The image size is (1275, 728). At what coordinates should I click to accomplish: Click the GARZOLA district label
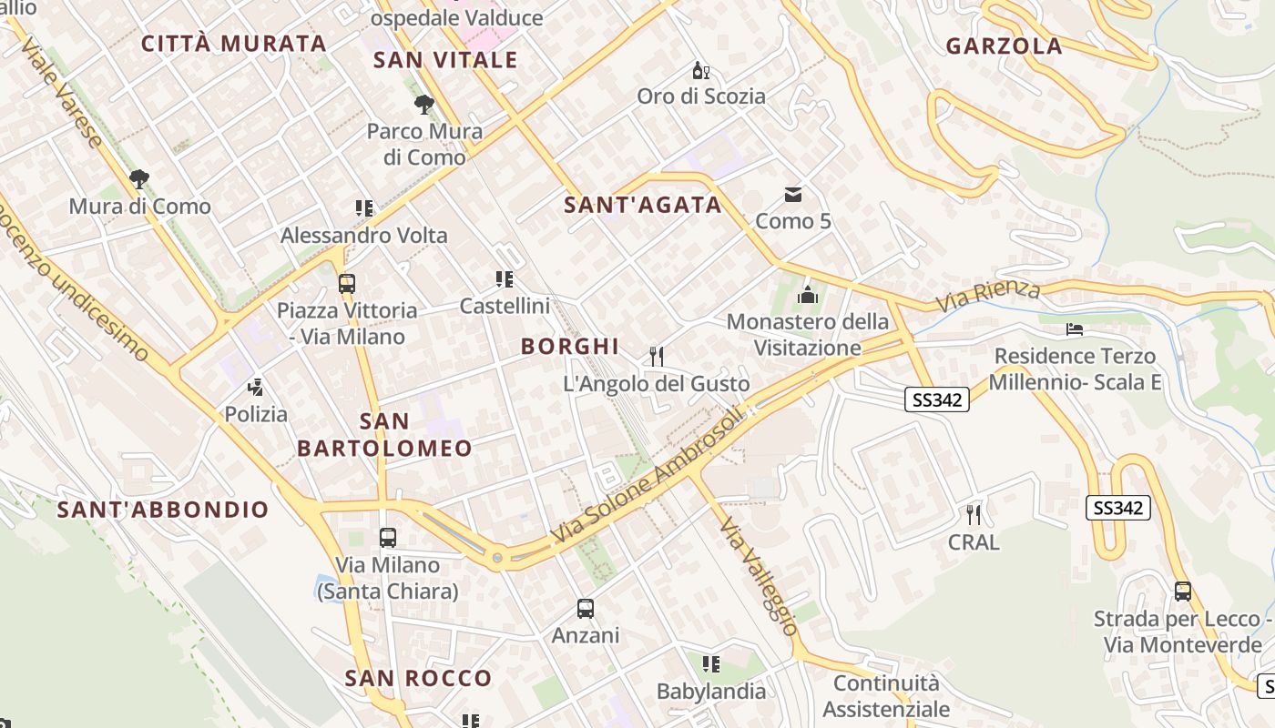[1004, 46]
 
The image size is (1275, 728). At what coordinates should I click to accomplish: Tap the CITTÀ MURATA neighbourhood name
[233, 44]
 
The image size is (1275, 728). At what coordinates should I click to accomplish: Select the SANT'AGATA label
[643, 205]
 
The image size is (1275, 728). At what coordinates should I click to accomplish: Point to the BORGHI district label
[570, 346]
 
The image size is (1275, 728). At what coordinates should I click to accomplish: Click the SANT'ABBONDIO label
[163, 510]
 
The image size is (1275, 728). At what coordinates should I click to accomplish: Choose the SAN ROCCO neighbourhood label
[418, 678]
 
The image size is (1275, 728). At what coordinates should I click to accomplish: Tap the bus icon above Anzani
[586, 608]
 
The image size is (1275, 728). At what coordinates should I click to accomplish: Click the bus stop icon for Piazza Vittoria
[346, 283]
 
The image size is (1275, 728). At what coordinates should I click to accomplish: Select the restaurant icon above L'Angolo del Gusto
[656, 356]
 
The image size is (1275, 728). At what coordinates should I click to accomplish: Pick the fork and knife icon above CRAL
[974, 515]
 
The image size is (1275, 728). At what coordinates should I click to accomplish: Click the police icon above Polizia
[256, 387]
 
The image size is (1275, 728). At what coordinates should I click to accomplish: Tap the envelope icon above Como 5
[793, 194]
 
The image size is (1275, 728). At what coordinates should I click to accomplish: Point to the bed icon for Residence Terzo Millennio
[1075, 329]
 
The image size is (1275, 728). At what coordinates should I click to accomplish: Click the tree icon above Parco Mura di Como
[423, 105]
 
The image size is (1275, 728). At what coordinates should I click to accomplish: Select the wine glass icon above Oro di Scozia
[700, 70]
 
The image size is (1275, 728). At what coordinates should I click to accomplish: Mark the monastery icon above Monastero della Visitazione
[807, 295]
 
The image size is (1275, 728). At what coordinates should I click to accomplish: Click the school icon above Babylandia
[711, 664]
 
